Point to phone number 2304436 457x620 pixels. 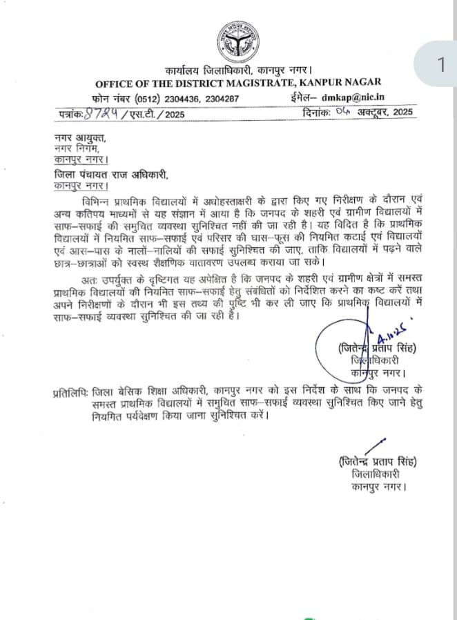(182, 99)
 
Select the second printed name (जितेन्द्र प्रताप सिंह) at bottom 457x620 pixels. (378, 462)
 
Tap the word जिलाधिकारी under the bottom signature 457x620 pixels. (375, 475)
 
